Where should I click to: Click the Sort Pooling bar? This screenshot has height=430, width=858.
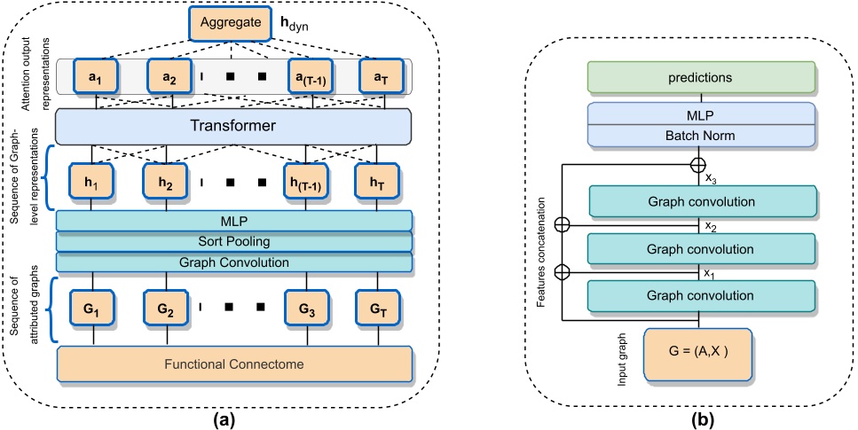click(234, 241)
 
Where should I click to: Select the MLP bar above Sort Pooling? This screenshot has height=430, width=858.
click(234, 220)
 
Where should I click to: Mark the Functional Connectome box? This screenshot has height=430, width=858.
click(234, 364)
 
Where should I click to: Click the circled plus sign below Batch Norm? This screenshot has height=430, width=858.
click(699, 164)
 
